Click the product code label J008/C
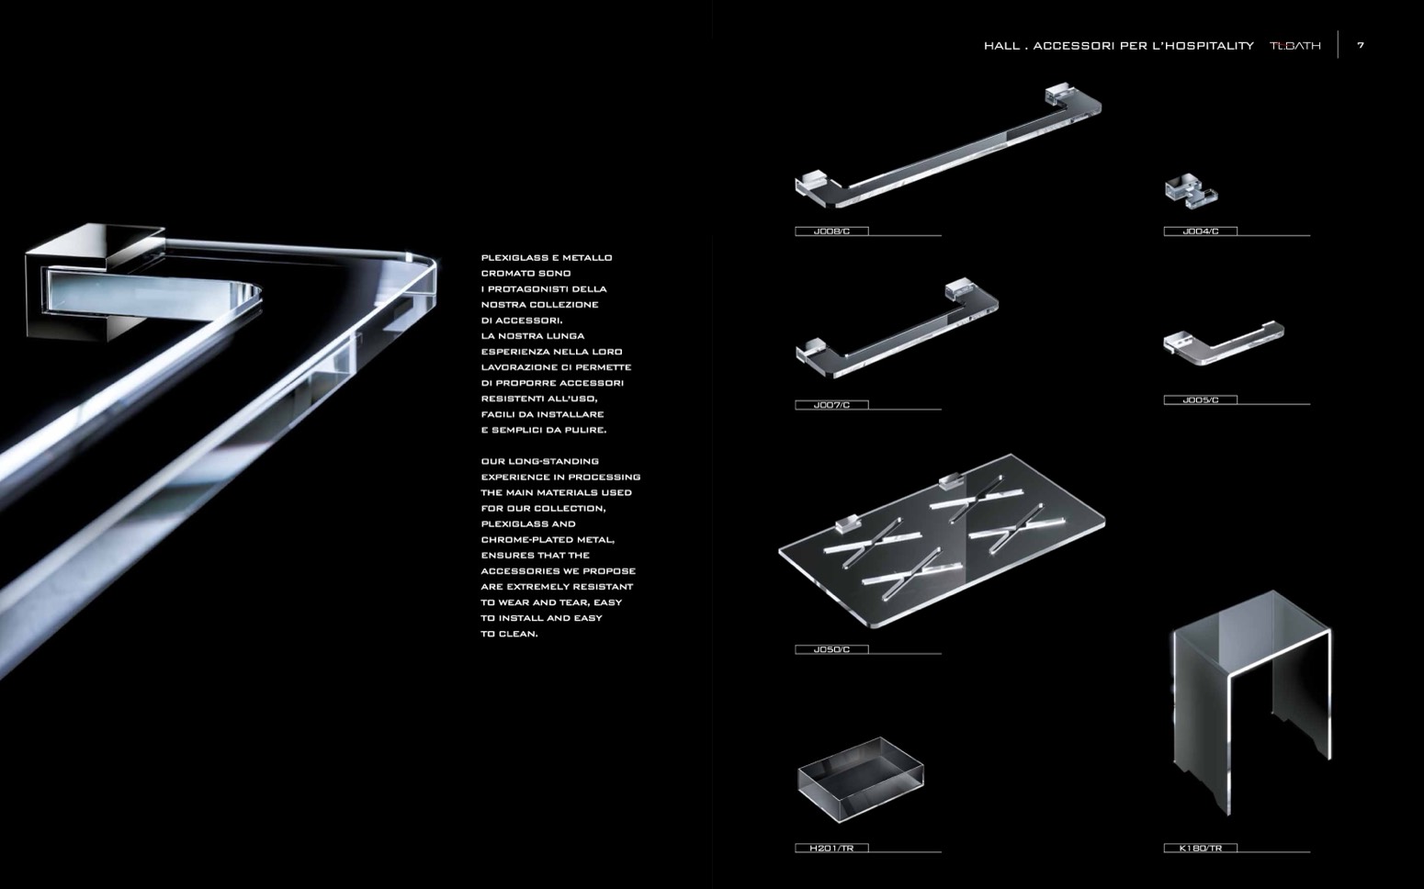coord(831,231)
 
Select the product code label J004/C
coord(1200,231)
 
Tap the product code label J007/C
coord(831,405)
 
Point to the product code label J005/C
coord(1200,399)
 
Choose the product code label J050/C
coord(831,649)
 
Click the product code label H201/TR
coord(831,848)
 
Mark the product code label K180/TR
coord(1200,848)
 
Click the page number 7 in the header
coord(1361,45)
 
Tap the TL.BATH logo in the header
coord(1295,46)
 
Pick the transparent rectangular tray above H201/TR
coord(861,779)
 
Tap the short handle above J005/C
coord(1224,343)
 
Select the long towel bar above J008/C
coord(948,146)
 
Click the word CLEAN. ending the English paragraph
coord(517,634)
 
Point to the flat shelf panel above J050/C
coord(942,540)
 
